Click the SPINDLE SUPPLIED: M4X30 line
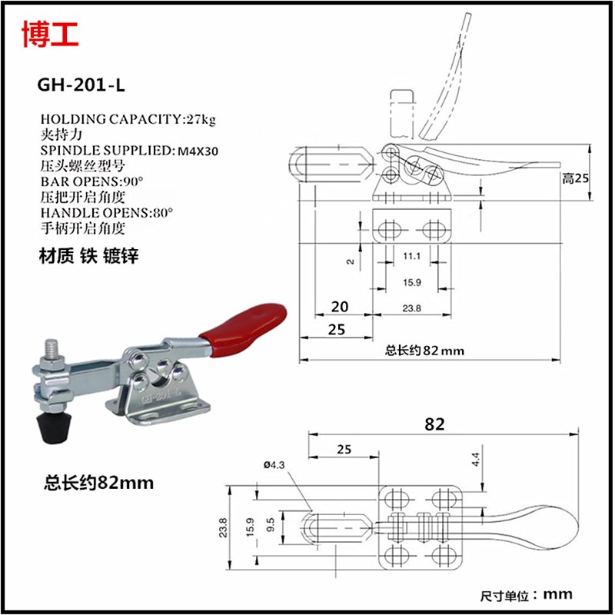(x=129, y=150)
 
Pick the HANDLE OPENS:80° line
(x=106, y=212)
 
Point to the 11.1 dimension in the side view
(x=411, y=255)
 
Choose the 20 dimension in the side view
(x=338, y=307)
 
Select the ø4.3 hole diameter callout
(x=274, y=464)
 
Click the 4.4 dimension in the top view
(x=475, y=460)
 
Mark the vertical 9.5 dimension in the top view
(x=270, y=527)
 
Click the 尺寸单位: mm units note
(x=527, y=594)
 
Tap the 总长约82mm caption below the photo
(x=98, y=483)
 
